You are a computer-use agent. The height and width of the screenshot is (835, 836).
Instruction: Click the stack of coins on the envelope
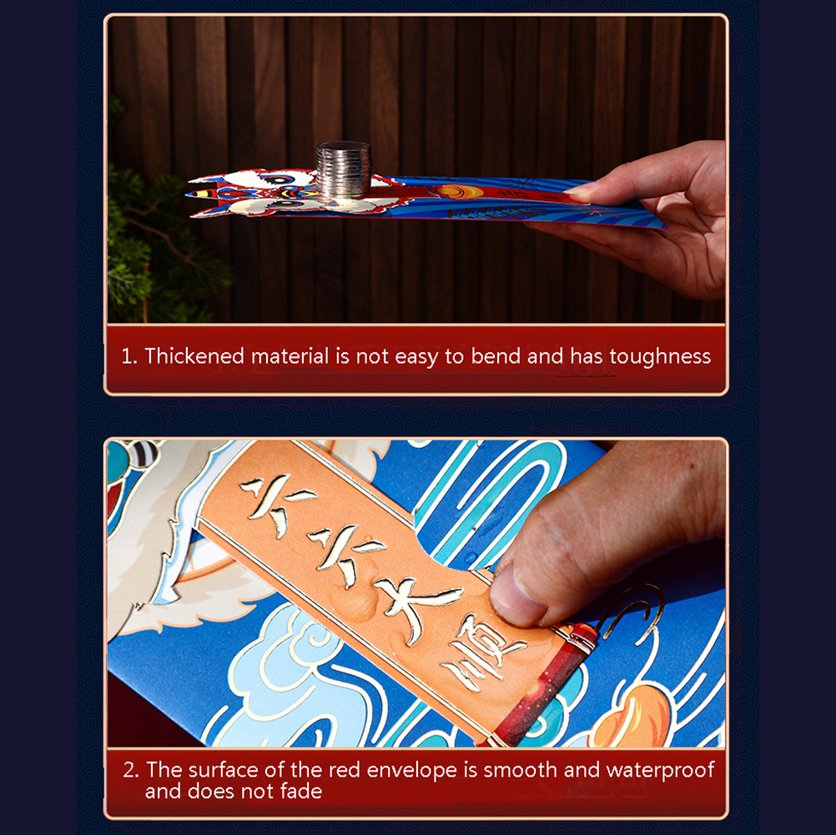[344, 170]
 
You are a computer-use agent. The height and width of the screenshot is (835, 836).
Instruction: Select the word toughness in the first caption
[660, 357]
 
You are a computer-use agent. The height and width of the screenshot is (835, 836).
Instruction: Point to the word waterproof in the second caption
[660, 770]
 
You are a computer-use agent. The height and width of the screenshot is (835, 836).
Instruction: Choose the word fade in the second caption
[301, 792]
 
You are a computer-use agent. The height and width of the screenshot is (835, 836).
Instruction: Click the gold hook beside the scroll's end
[634, 611]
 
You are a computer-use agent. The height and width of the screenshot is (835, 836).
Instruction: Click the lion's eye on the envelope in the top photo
[279, 181]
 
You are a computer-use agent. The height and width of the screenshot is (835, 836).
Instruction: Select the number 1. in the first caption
[129, 356]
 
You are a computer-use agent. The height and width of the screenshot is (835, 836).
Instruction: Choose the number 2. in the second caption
[131, 771]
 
